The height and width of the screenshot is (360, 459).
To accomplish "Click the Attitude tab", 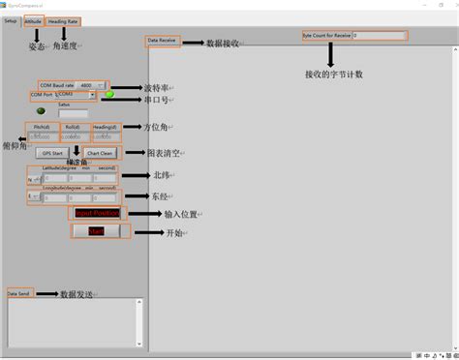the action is pos(33,20).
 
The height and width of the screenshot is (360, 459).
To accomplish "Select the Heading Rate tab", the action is pos(64,20).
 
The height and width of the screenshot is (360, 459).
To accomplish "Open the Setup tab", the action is pos(11,20).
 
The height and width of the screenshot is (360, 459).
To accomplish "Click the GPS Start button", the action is pos(52,153).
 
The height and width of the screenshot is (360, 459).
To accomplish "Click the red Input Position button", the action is pos(96,213).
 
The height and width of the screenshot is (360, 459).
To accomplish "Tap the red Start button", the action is pos(96,231).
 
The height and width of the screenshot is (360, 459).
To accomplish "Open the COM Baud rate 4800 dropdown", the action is pos(95,85).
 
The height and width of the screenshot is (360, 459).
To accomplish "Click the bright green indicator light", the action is pos(110,95).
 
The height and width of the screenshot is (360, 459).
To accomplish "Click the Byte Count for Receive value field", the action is pos(380,36).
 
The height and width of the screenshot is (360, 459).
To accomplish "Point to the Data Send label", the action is pos(18,292).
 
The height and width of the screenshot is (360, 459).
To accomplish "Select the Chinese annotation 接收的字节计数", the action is pos(334,75).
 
